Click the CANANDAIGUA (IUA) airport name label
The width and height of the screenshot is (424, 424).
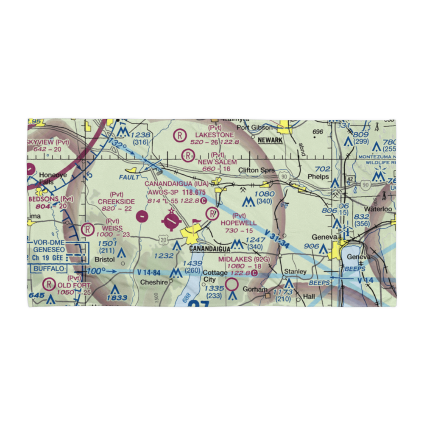[177, 184]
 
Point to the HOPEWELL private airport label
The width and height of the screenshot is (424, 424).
[238, 222]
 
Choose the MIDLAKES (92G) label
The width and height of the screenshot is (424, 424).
[244, 259]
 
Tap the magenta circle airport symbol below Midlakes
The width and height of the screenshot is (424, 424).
[232, 284]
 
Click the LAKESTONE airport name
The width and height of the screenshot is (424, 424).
[215, 135]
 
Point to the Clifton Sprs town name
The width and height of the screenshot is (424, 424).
[256, 170]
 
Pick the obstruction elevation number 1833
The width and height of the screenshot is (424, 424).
[117, 298]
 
